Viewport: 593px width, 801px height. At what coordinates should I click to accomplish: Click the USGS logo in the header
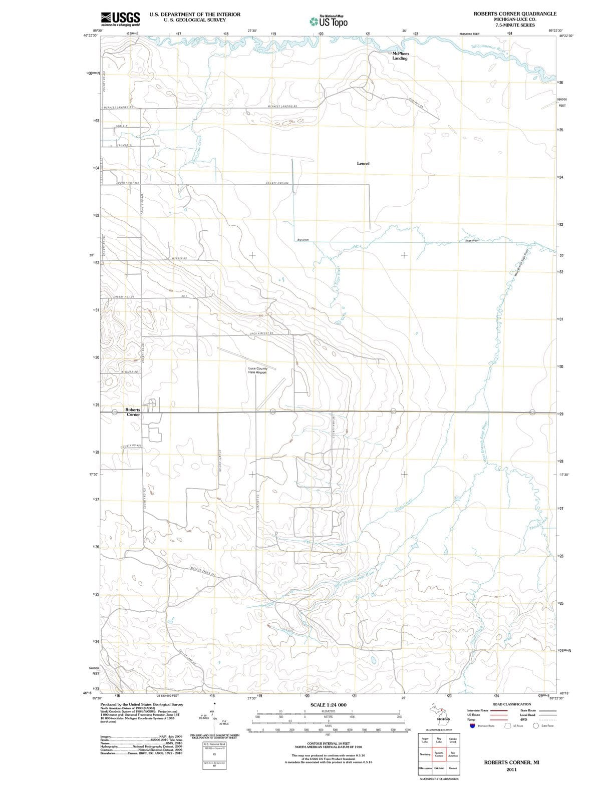(120, 19)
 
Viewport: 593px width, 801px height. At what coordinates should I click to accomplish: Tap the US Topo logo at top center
(329, 22)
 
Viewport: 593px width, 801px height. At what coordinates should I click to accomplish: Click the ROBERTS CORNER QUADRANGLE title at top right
(515, 14)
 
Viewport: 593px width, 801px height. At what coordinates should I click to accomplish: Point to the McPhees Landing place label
(400, 56)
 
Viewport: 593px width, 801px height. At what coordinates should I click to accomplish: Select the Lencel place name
(363, 164)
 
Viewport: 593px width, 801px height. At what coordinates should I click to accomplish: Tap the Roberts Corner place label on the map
(133, 412)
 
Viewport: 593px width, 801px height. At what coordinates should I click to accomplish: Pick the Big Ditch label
(303, 240)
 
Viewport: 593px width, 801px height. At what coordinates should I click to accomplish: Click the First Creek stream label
(403, 505)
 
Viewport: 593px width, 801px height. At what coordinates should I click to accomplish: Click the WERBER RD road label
(179, 258)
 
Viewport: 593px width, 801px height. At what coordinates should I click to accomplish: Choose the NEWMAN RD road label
(129, 372)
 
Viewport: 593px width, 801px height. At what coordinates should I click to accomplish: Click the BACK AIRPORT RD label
(260, 333)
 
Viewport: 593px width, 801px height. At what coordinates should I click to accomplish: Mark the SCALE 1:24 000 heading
(328, 705)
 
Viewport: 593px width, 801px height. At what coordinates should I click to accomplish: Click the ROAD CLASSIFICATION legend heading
(511, 704)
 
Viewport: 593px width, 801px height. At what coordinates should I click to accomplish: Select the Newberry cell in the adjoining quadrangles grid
(425, 754)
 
